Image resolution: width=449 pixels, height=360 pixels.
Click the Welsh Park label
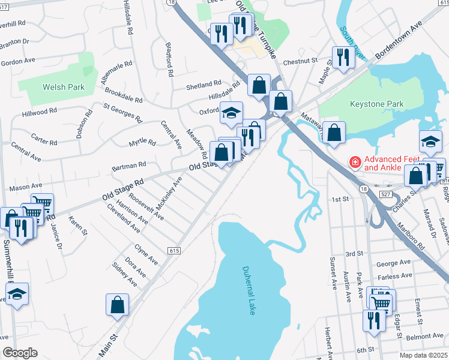[x=63, y=87]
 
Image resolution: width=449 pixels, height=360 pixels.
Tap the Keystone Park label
[x=376, y=104]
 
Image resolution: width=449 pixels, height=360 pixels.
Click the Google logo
[x=19, y=353]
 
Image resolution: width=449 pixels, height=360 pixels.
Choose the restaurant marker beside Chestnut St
[x=343, y=58]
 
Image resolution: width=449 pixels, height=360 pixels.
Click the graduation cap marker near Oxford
[x=231, y=113]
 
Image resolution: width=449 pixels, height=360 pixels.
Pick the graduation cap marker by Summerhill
[x=17, y=294]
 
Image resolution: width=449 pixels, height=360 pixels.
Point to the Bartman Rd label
[x=130, y=164]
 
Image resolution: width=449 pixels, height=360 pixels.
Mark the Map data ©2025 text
[x=424, y=355]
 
